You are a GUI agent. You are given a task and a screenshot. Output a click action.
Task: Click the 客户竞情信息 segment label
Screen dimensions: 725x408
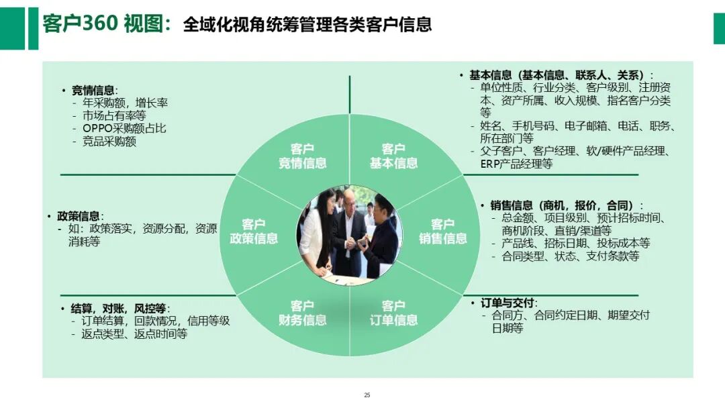coord(303,156)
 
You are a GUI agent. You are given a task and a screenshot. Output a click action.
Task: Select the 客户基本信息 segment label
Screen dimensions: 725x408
coord(393,156)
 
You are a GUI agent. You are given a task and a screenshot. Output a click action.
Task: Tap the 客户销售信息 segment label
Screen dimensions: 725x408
coord(443,231)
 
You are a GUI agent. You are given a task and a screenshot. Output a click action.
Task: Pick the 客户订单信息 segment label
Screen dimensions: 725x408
coord(393,313)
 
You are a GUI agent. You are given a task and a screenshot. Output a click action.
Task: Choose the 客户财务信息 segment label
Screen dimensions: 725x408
coord(303,313)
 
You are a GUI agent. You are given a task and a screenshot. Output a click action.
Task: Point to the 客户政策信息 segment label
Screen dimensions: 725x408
coord(254,231)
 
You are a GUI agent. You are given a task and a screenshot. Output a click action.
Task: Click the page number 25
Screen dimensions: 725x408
coord(367,395)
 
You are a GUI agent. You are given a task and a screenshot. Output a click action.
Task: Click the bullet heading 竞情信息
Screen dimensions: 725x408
coord(93,91)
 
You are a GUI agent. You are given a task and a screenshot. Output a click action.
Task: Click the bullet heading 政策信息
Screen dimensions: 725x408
coord(79,216)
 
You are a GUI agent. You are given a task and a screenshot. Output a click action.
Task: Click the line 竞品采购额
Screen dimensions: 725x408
coord(109,142)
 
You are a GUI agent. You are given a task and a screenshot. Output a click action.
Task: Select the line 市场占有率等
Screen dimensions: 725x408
coord(114,116)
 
